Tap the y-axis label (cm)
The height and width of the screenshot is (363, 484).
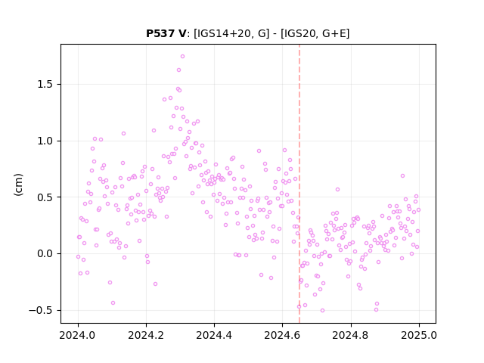click(x=18, y=185)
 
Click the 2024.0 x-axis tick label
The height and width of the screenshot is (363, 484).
click(x=78, y=335)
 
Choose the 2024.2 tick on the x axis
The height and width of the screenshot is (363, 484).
click(x=146, y=335)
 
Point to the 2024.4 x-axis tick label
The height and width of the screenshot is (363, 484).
click(x=214, y=335)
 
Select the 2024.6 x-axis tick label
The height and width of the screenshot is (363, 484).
click(x=282, y=335)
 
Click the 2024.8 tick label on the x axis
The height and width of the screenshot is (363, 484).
click(x=351, y=335)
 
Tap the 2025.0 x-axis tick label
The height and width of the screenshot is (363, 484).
click(x=419, y=335)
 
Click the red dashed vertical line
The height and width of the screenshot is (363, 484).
click(x=299, y=184)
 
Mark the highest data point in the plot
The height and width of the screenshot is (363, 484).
click(x=182, y=57)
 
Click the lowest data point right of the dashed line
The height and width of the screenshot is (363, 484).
click(x=322, y=311)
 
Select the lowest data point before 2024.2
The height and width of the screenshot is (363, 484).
click(x=113, y=303)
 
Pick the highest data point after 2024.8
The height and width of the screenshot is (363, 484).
click(x=402, y=176)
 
